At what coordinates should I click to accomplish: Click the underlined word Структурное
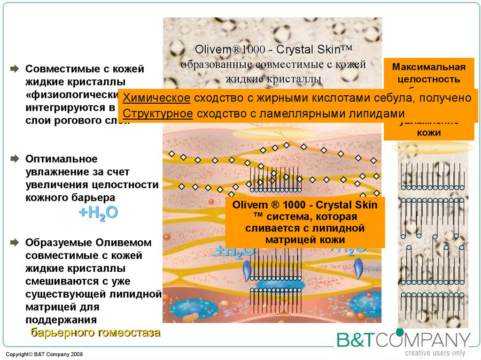click(157, 114)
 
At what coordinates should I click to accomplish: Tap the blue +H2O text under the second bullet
click(98, 213)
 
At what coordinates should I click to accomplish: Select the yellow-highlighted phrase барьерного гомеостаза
click(95, 333)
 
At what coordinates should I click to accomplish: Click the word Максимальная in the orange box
click(428, 66)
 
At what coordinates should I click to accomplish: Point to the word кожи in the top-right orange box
click(428, 133)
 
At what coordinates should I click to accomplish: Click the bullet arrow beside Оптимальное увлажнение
click(15, 159)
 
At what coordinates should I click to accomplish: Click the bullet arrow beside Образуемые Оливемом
click(15, 243)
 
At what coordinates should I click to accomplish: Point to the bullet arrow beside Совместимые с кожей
click(15, 69)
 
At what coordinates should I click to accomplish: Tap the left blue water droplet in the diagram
click(248, 271)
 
